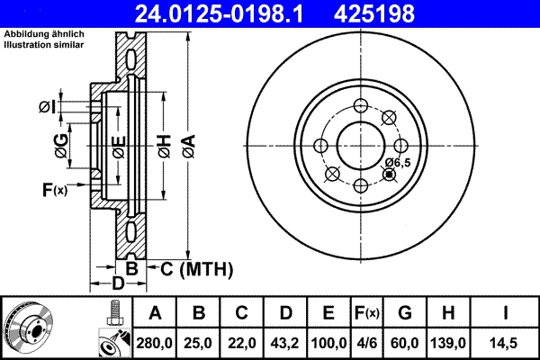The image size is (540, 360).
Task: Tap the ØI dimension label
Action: [x=48, y=108]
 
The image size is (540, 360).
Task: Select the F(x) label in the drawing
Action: [x=54, y=189]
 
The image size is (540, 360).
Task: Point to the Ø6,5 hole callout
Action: [x=397, y=162]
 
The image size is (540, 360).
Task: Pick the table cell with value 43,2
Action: [x=286, y=341]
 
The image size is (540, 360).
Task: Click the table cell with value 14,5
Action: [x=508, y=341]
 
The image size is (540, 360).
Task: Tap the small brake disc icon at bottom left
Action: [x=29, y=328]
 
